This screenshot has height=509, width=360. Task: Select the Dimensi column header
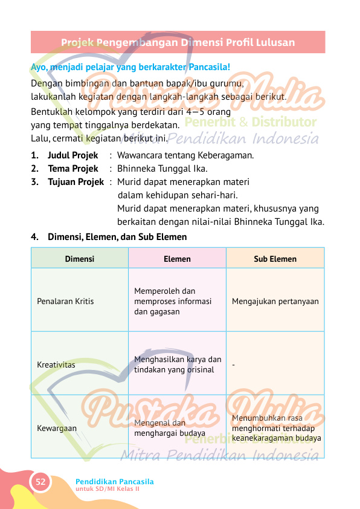[80, 259]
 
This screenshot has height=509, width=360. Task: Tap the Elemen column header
[177, 259]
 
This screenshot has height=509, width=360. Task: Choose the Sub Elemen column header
[275, 259]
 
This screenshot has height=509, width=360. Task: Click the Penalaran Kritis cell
[65, 301]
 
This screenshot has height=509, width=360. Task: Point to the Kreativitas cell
[56, 365]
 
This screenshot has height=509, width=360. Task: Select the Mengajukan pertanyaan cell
[275, 301]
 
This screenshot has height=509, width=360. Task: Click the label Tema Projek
[72, 168]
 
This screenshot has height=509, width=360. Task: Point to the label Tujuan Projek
[76, 181]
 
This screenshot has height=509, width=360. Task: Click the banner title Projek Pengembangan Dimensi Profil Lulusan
[178, 42]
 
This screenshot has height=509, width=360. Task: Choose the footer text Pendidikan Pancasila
[115, 481]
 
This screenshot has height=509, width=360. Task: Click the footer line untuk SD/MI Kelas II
[108, 488]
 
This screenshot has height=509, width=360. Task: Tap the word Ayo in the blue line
[38, 66]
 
